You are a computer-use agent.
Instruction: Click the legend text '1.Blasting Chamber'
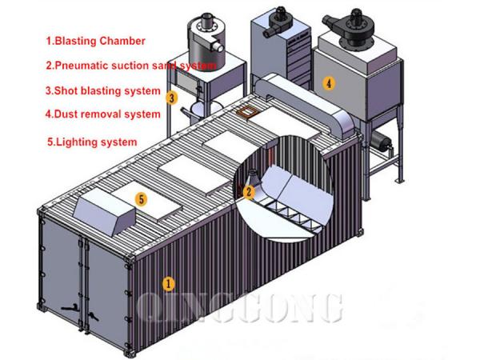[95, 41]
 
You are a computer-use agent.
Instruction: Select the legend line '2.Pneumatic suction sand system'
[131, 66]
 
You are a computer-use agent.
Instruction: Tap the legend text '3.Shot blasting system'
[103, 91]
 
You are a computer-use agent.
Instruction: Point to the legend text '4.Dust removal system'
[103, 114]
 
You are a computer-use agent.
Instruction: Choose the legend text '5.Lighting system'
[92, 142]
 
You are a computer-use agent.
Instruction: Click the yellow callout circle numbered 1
[168, 284]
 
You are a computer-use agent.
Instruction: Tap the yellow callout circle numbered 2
[249, 192]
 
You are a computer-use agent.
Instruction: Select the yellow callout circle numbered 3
[172, 98]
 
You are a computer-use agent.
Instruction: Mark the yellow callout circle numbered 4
[329, 83]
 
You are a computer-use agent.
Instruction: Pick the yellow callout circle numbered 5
[141, 199]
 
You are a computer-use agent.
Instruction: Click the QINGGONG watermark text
[240, 308]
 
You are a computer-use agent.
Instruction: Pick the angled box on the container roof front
[104, 211]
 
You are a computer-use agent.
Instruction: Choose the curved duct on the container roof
[306, 104]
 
